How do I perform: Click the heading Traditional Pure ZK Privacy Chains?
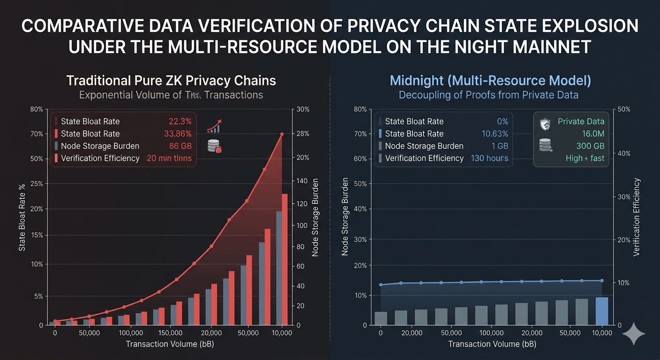(171, 81)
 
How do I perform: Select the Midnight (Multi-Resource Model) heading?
(490, 81)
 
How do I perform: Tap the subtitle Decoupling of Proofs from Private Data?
(488, 95)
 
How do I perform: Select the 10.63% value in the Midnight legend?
(495, 134)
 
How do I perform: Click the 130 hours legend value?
(489, 158)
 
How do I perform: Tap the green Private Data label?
(581, 121)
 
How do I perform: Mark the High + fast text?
(585, 158)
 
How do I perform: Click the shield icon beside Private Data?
(545, 124)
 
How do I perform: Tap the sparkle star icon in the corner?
(634, 333)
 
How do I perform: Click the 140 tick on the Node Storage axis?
(301, 181)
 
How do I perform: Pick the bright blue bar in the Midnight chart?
(601, 311)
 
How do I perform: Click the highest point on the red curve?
(282, 134)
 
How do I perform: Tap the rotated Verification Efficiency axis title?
(636, 217)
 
